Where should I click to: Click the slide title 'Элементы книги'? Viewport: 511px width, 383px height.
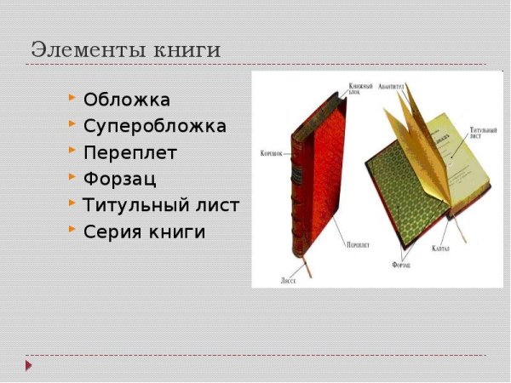pyautogui.click(x=125, y=49)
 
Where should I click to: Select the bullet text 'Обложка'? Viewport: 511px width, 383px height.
pyautogui.click(x=127, y=100)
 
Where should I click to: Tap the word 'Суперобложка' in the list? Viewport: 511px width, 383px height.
pyautogui.click(x=155, y=126)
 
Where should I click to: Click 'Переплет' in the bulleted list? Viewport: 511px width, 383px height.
pyautogui.click(x=130, y=152)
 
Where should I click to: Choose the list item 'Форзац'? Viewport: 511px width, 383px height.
pyautogui.click(x=120, y=179)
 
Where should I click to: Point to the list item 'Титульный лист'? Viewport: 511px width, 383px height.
pyautogui.click(x=161, y=205)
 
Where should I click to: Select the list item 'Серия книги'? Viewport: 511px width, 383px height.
pyautogui.click(x=145, y=232)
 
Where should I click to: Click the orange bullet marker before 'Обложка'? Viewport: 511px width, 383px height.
pyautogui.click(x=72, y=99)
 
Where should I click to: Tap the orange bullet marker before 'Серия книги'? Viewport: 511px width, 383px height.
pyautogui.click(x=72, y=230)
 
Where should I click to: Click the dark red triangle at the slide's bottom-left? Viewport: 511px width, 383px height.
pyautogui.click(x=28, y=365)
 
